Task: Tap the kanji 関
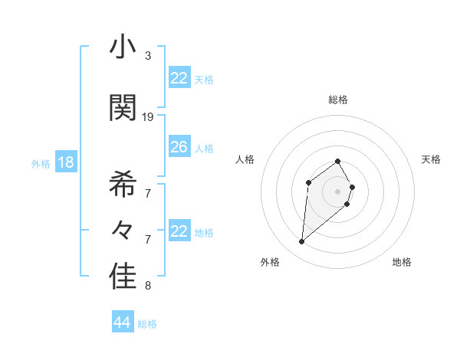point(123,108)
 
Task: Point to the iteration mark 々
point(123,231)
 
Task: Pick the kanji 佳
point(123,277)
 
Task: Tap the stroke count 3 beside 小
point(148,56)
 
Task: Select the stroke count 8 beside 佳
point(148,286)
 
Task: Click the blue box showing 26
point(179,147)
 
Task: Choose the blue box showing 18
point(65,162)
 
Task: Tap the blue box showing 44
point(122,322)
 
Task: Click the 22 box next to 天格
point(179,78)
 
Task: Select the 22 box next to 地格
point(179,231)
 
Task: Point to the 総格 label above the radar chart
point(338,100)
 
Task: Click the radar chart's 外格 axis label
point(270,262)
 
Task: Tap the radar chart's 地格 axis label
point(402,262)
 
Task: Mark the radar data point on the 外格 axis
point(302,242)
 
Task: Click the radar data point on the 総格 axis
point(338,161)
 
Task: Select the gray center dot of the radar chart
point(338,191)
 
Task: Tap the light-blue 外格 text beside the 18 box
point(41,163)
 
